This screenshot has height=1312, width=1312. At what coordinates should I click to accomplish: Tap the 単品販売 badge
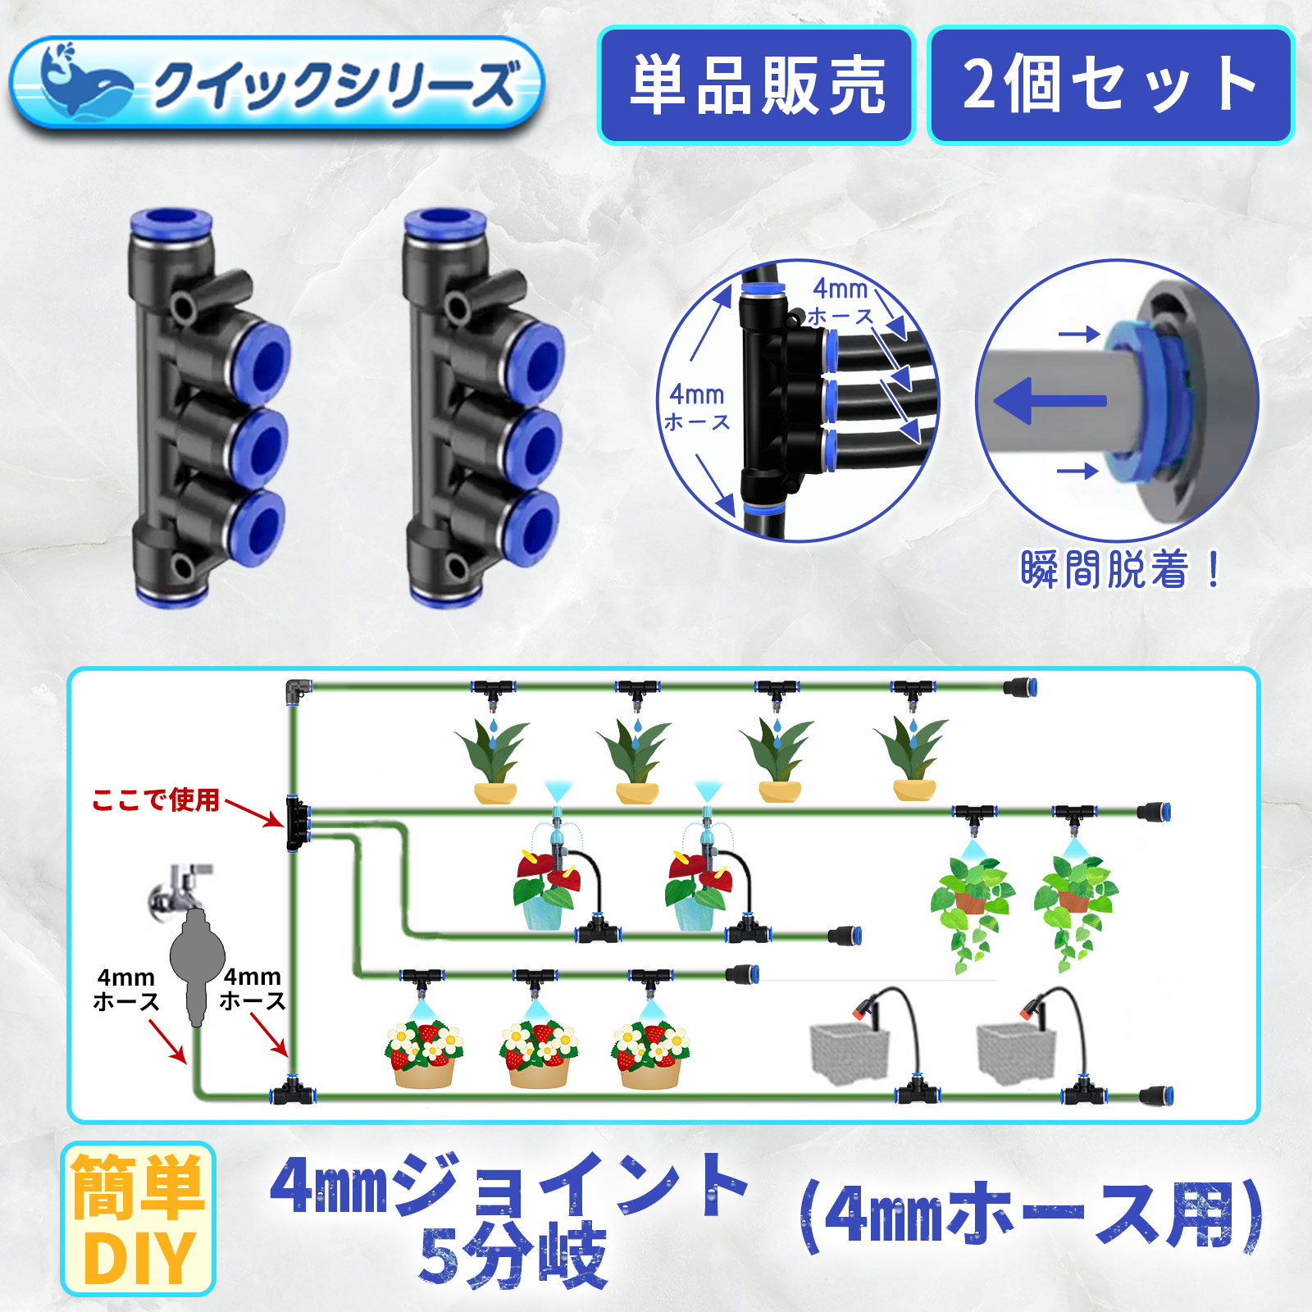[756, 85]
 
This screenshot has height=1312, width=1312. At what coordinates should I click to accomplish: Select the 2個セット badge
[1110, 85]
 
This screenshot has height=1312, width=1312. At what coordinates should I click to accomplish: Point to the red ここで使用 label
[156, 799]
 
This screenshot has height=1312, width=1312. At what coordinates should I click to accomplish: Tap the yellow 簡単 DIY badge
[138, 1219]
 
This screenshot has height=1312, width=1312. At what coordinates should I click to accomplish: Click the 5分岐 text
[512, 1255]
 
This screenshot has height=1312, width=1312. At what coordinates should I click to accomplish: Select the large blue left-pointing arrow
[1050, 401]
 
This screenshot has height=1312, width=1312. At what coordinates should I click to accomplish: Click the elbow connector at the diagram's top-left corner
[297, 690]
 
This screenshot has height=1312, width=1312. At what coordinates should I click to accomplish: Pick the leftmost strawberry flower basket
[423, 1054]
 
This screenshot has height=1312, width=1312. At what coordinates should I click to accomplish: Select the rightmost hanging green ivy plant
[1074, 910]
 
